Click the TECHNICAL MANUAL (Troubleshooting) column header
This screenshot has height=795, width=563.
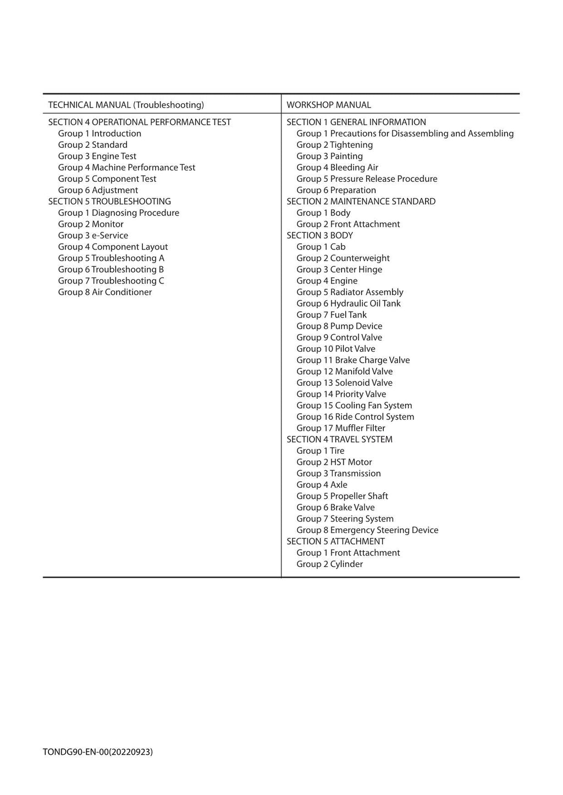(x=126, y=105)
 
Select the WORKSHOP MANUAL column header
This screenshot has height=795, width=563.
(x=329, y=105)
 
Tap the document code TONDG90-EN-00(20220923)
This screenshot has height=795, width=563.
(x=98, y=752)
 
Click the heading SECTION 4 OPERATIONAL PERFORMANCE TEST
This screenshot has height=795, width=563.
(x=140, y=122)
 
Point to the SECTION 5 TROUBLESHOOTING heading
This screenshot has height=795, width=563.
(x=109, y=201)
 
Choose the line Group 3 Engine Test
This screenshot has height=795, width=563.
(x=97, y=156)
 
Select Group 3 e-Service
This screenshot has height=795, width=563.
(x=93, y=235)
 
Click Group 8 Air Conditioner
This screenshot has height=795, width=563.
(x=105, y=292)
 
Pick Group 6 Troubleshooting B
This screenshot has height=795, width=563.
(x=111, y=269)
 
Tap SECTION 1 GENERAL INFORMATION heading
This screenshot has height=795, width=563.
(x=356, y=122)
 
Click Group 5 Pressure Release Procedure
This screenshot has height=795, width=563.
(x=367, y=179)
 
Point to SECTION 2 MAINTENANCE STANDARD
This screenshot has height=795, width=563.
(x=361, y=201)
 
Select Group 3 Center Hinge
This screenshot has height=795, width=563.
(x=339, y=269)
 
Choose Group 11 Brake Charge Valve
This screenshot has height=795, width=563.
(x=353, y=360)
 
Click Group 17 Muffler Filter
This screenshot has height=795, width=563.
(x=341, y=428)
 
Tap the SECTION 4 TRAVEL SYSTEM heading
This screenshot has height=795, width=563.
(x=340, y=439)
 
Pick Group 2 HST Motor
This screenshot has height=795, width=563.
(x=334, y=462)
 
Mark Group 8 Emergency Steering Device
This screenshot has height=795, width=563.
(x=367, y=530)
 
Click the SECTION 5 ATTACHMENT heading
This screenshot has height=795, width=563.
(x=336, y=541)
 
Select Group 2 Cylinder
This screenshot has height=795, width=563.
(x=330, y=564)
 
